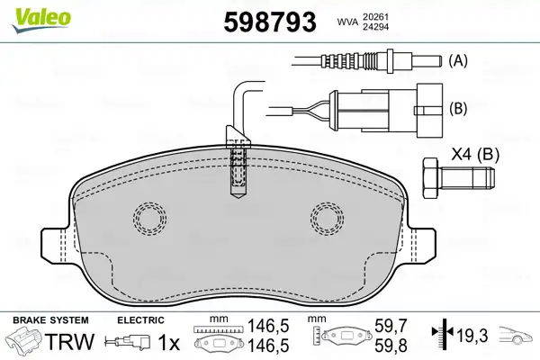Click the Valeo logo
click(x=41, y=20)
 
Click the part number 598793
click(x=270, y=22)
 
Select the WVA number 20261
click(x=375, y=16)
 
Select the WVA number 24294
click(x=375, y=26)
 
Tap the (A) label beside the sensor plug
click(x=458, y=60)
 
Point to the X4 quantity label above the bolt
click(x=461, y=154)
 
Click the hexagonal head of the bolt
click(x=431, y=178)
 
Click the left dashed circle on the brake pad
click(x=149, y=218)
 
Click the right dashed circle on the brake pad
click(x=328, y=219)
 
